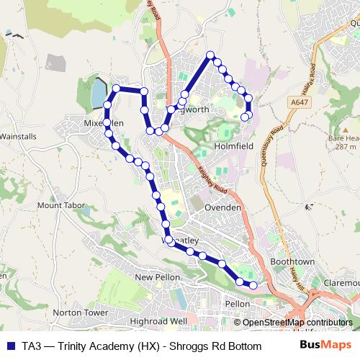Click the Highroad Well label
tap(158, 320)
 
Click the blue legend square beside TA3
tap(10, 344)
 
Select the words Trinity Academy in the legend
tap(88, 344)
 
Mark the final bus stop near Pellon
tap(253, 285)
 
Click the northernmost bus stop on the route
tap(211, 55)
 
